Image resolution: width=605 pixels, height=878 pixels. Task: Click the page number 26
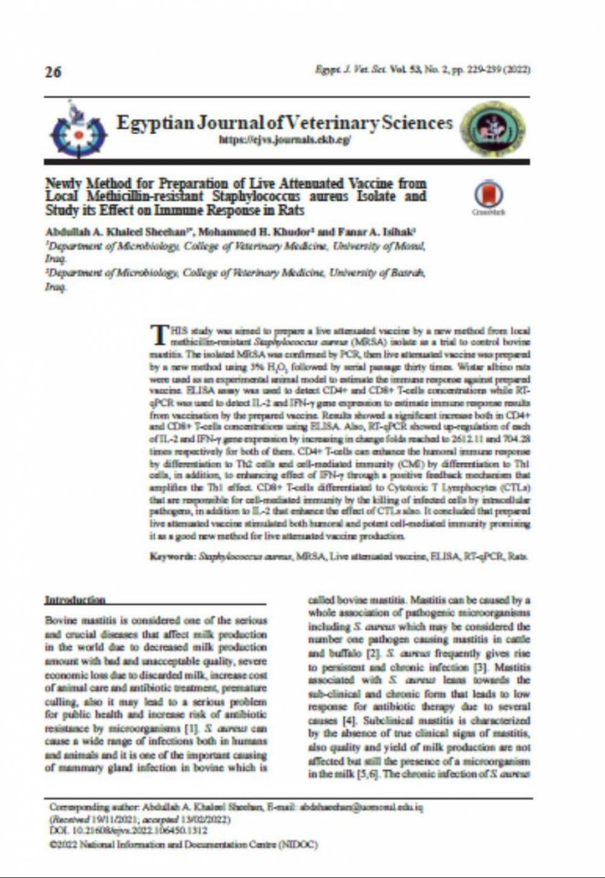point(53,72)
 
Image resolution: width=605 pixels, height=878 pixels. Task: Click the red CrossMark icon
point(488,195)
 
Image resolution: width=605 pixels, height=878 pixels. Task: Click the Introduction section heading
point(75,600)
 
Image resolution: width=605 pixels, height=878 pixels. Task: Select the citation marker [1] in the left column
point(191,728)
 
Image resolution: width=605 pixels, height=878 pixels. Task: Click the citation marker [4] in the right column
point(348,721)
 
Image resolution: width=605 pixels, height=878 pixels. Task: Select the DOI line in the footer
point(128,831)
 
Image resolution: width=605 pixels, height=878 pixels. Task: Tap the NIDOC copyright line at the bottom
point(184,844)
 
